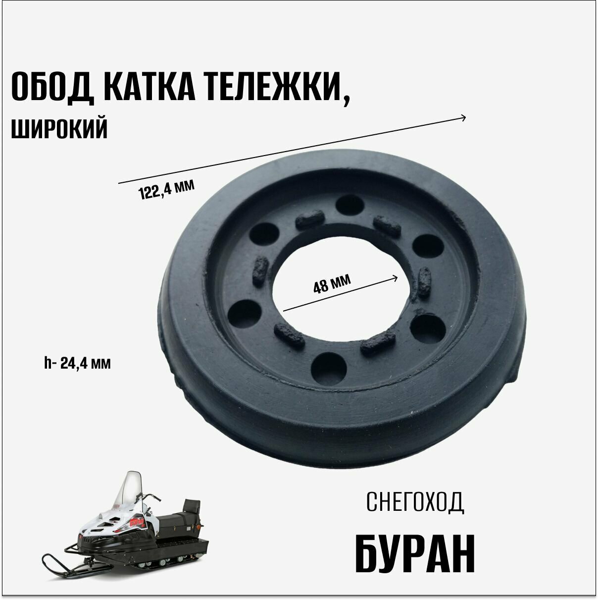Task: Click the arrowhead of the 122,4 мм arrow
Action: (463, 117)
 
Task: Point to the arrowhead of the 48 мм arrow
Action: (396, 277)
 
